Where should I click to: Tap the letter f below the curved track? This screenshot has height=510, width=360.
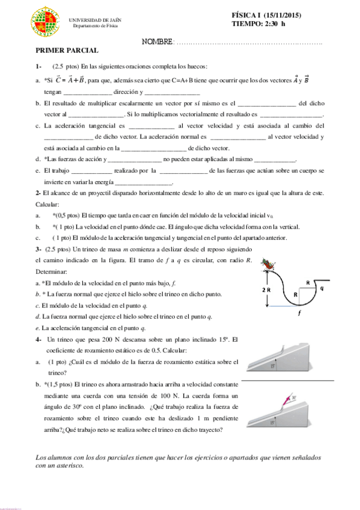click(299, 313)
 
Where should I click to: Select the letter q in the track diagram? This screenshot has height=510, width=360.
click(322, 288)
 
